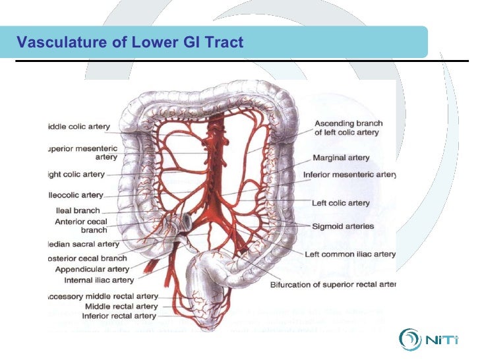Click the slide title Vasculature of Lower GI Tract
pyautogui.click(x=130, y=43)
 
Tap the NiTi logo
pyautogui.click(x=433, y=340)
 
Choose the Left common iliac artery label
pyautogui.click(x=350, y=254)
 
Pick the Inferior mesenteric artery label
pyautogui.click(x=349, y=175)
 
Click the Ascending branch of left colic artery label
pyautogui.click(x=348, y=128)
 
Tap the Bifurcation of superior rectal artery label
pyautogui.click(x=333, y=285)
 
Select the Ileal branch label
pyautogui.click(x=78, y=211)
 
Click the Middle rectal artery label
pyautogui.click(x=121, y=307)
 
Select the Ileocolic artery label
pyautogui.click(x=75, y=195)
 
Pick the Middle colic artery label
pyautogui.click(x=78, y=126)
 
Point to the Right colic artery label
pyautogui.click(x=76, y=175)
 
